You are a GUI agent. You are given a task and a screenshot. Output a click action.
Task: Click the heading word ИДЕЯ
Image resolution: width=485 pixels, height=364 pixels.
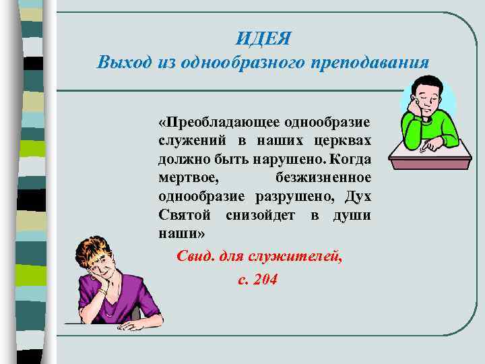pyautogui.click(x=263, y=38)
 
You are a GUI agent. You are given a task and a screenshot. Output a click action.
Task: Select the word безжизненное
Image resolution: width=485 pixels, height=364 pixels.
pyautogui.click(x=323, y=178)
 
